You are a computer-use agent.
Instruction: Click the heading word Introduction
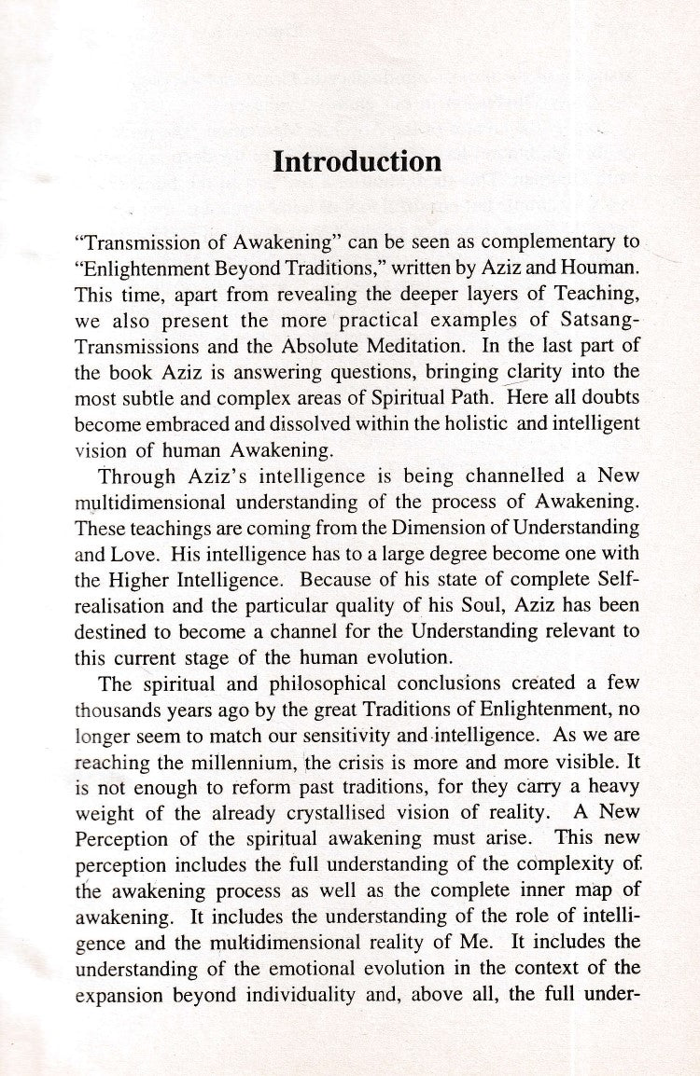point(357,161)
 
